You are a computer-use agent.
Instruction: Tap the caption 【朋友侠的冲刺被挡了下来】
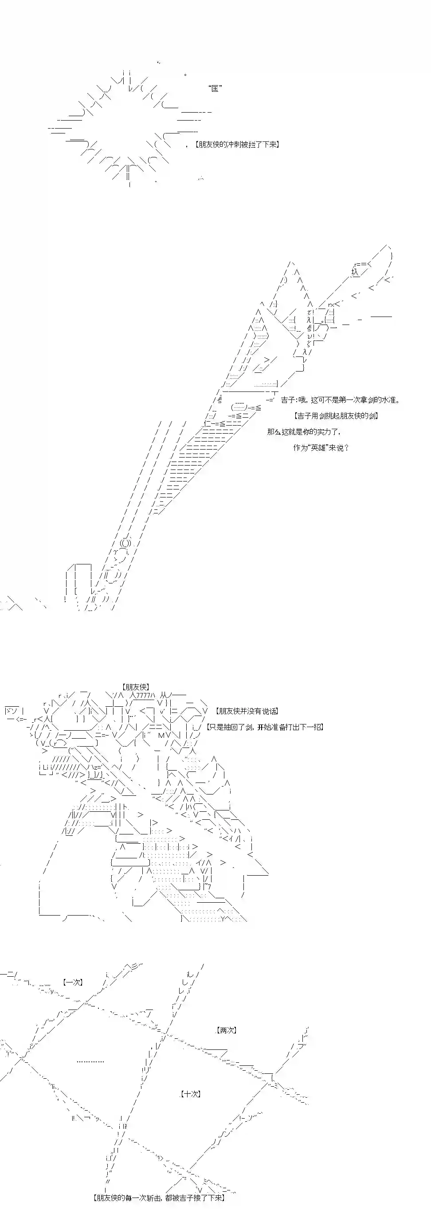pyautogui.click(x=237, y=144)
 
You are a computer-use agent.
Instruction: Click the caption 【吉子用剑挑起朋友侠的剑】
pyautogui.click(x=336, y=415)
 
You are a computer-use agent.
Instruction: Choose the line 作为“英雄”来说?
pyautogui.click(x=321, y=447)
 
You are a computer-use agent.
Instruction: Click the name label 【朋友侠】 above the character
pyautogui.click(x=136, y=687)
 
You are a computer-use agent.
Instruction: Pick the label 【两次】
pyautogui.click(x=226, y=1030)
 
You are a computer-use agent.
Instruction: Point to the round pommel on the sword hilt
pyautogui.click(x=125, y=543)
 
